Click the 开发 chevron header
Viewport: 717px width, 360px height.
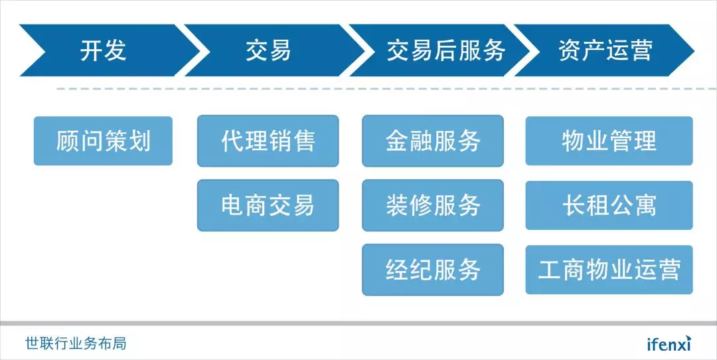click(103, 51)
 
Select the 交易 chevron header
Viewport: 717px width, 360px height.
click(268, 51)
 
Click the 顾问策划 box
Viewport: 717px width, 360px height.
click(103, 141)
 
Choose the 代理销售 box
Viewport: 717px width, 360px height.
click(268, 141)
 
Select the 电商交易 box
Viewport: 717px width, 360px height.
click(268, 205)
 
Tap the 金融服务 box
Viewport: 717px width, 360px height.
click(433, 141)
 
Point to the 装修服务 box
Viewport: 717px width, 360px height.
click(433, 205)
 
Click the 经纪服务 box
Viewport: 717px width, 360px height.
click(433, 270)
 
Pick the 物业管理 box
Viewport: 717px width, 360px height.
click(609, 141)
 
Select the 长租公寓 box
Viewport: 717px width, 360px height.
click(609, 205)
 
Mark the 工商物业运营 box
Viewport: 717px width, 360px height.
click(609, 270)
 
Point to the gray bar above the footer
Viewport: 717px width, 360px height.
click(358, 323)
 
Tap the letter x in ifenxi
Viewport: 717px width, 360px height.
click(681, 344)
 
